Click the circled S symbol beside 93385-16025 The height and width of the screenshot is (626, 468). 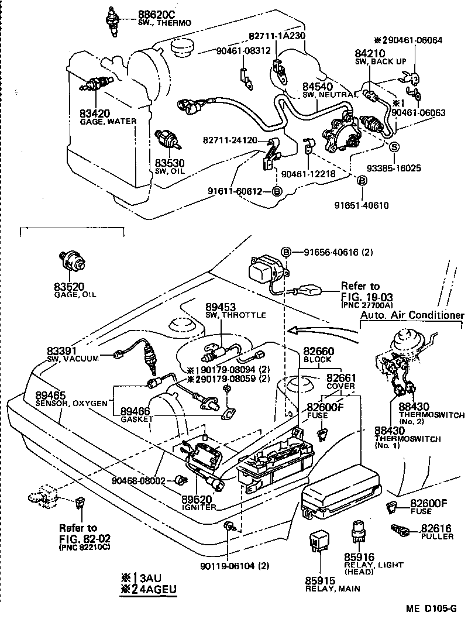394,146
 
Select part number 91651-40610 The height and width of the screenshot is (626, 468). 361,205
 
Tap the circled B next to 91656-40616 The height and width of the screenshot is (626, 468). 286,252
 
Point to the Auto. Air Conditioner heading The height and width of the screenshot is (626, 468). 412,315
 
